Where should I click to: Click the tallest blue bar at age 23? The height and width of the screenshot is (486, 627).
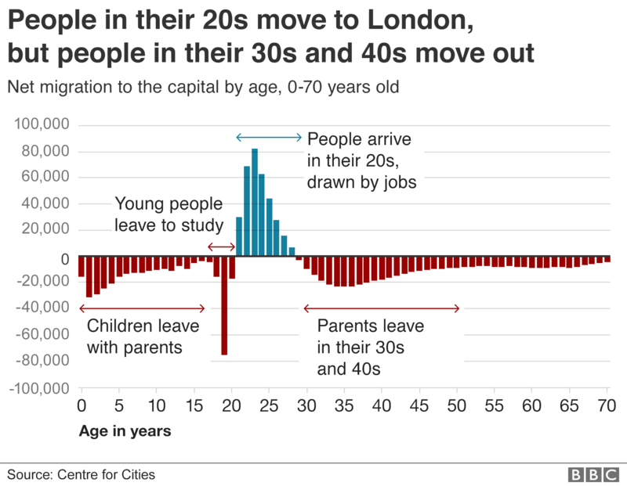(255, 203)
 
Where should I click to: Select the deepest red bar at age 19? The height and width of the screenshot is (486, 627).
(224, 306)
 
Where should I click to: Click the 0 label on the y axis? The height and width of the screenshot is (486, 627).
(64, 257)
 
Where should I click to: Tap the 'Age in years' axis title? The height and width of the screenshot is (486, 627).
(125, 430)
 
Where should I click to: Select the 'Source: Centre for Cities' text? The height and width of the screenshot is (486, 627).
(82, 474)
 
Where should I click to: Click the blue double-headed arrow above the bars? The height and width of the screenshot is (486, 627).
(269, 138)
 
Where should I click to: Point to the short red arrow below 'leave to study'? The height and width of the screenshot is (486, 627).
(221, 247)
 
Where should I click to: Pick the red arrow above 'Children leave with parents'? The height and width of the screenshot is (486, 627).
(142, 308)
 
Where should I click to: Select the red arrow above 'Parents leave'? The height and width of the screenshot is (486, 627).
(382, 308)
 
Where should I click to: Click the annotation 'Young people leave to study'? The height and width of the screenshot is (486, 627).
(169, 215)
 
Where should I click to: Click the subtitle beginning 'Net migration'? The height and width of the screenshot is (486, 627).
(204, 87)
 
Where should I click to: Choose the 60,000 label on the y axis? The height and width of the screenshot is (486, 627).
(45, 178)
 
